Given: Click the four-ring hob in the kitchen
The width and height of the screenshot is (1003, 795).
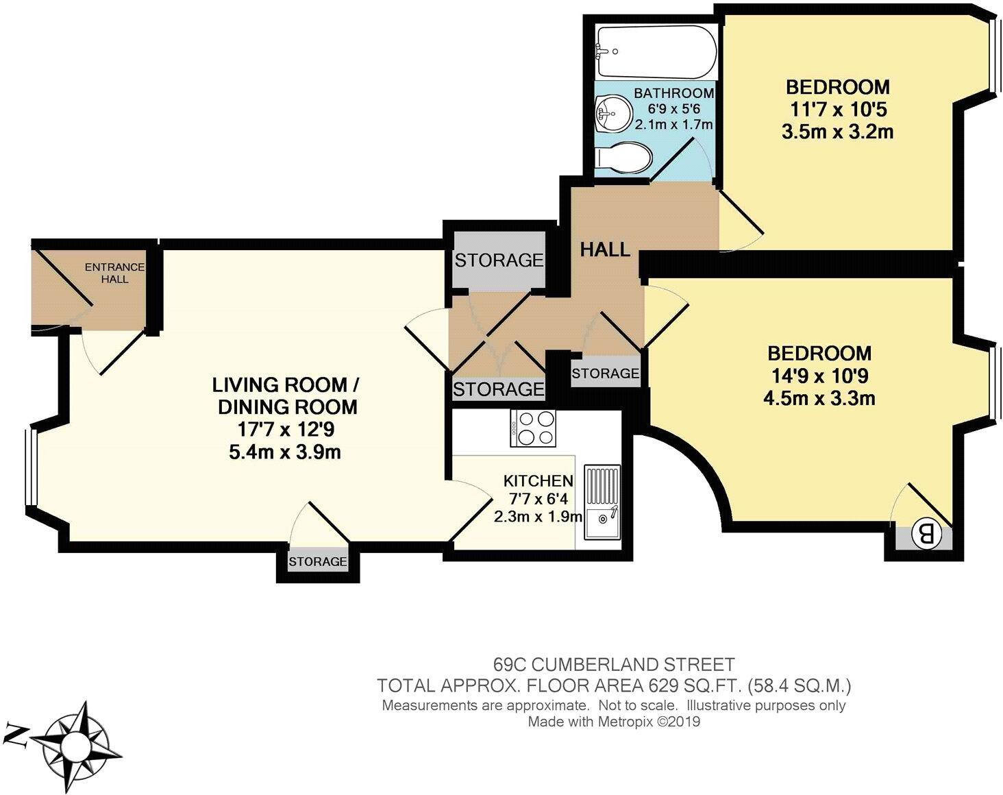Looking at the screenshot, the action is (x=534, y=428).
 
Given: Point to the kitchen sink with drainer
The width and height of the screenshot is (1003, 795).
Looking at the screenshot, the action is (x=603, y=502).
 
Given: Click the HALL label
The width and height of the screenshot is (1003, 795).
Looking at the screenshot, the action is (x=605, y=250).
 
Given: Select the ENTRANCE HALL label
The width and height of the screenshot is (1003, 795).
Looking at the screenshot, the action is (x=114, y=273).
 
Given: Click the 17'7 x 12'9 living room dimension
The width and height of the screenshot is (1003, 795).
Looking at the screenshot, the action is (x=285, y=430).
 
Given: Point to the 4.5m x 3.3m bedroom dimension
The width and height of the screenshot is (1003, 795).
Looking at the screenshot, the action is (x=819, y=398).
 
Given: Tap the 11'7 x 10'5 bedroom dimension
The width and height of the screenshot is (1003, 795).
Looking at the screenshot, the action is (x=837, y=110).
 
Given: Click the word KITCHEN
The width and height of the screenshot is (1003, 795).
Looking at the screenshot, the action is (x=538, y=480).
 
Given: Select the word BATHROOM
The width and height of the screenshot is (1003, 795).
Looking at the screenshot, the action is (x=673, y=93).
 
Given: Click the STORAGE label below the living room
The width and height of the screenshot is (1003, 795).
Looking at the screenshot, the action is (x=317, y=562).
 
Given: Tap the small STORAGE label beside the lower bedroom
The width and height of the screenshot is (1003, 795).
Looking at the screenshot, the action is (x=606, y=374).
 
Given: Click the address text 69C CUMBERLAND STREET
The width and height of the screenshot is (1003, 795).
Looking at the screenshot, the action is (x=614, y=663).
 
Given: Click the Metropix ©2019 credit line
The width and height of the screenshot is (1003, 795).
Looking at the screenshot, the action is (x=614, y=722).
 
